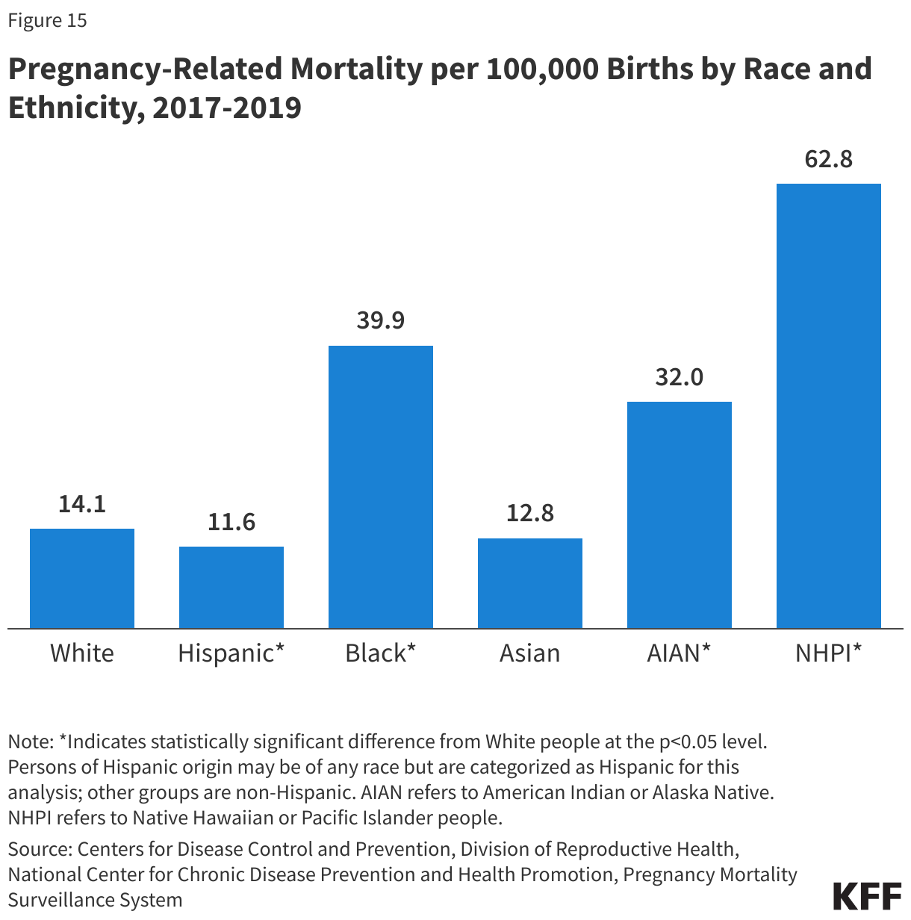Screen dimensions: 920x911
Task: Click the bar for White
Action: (82, 578)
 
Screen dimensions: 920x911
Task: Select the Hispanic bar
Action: (231, 587)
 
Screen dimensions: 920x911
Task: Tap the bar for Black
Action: (381, 486)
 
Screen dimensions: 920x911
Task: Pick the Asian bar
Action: (530, 582)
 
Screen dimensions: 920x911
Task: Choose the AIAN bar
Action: (680, 515)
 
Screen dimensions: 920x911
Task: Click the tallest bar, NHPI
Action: (829, 405)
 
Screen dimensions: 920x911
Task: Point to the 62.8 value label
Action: (829, 159)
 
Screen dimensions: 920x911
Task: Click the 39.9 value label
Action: (381, 320)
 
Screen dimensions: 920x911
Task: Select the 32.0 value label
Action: (680, 377)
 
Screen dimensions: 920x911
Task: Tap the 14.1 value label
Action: (82, 504)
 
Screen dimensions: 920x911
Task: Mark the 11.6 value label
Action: (231, 522)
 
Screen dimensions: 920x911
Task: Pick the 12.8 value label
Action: (530, 513)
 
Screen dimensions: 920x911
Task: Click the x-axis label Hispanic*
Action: (231, 653)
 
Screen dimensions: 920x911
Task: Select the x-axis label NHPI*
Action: (829, 653)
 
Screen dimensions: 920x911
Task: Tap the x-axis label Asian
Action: (530, 653)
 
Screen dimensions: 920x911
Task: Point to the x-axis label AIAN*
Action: (680, 653)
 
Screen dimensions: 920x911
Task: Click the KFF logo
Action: (867, 895)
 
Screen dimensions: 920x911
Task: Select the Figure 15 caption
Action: (48, 20)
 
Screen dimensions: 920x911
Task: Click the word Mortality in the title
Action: (355, 69)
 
